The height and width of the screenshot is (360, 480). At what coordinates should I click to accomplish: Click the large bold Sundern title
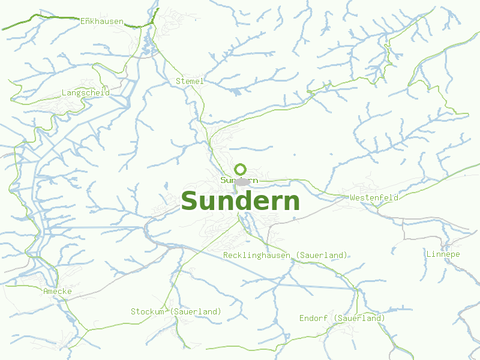click(x=240, y=202)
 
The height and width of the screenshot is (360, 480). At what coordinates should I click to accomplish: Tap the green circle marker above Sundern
click(x=241, y=169)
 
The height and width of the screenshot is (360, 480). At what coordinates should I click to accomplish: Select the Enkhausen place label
click(x=102, y=22)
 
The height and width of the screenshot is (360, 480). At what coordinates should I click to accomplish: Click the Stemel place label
click(x=190, y=81)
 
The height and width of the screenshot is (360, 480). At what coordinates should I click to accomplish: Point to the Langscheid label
click(x=86, y=93)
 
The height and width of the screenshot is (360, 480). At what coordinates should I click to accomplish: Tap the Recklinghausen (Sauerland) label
click(x=285, y=255)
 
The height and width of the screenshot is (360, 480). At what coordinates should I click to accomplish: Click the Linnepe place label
click(x=443, y=254)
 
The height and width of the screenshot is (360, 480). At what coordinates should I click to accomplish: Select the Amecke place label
click(x=58, y=291)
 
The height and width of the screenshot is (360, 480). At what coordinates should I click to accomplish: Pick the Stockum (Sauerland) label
click(x=176, y=311)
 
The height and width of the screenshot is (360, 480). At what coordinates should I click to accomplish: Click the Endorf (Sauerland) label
click(x=342, y=318)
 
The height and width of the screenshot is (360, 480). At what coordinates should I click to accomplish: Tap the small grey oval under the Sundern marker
click(x=242, y=182)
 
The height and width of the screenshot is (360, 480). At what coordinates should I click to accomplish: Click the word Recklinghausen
click(x=257, y=255)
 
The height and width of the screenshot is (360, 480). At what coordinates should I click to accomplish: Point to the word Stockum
click(x=148, y=311)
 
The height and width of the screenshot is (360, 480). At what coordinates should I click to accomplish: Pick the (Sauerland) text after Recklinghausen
click(x=322, y=255)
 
